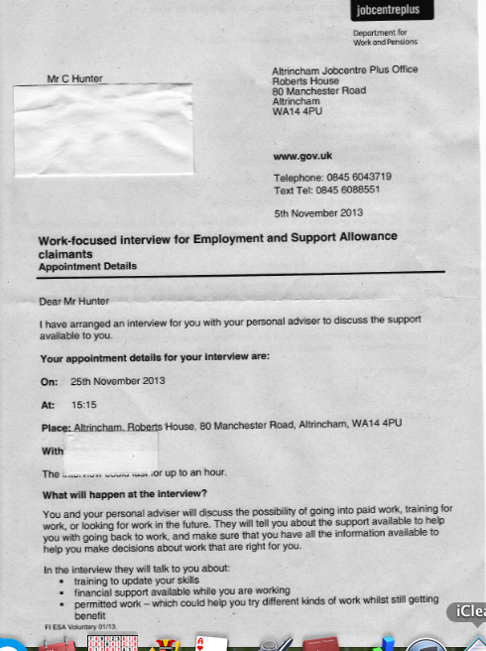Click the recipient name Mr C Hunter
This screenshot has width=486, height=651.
click(73, 78)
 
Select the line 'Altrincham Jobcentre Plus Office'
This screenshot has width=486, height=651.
click(344, 70)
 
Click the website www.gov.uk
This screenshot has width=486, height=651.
click(303, 157)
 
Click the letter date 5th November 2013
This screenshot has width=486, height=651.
click(318, 212)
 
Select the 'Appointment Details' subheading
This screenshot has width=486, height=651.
click(87, 266)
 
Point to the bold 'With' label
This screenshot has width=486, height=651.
click(53, 452)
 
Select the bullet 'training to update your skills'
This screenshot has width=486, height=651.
click(124, 581)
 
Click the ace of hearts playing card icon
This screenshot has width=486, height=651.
click(205, 643)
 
